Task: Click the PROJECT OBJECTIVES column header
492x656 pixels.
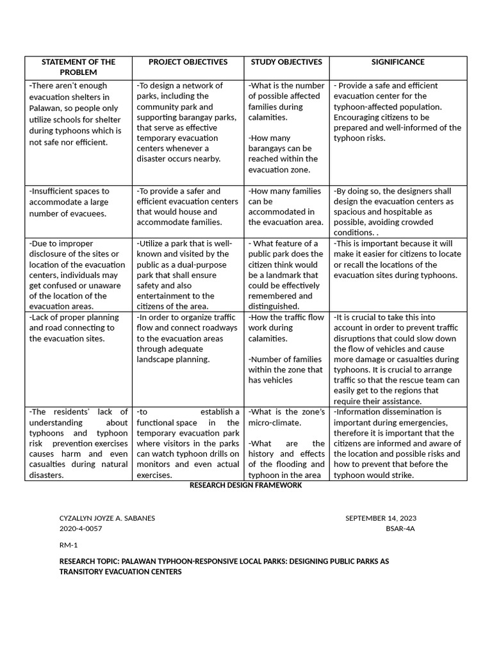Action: click(188, 62)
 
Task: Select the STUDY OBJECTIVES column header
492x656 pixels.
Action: click(286, 62)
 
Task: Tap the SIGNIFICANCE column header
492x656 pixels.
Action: click(398, 62)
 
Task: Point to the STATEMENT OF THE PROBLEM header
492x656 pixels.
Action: click(78, 67)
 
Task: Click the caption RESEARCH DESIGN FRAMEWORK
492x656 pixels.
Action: click(245, 486)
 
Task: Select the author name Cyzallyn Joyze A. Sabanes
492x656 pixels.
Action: click(107, 518)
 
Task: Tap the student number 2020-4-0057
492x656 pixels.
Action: click(80, 529)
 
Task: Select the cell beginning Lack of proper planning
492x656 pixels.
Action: click(74, 327)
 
